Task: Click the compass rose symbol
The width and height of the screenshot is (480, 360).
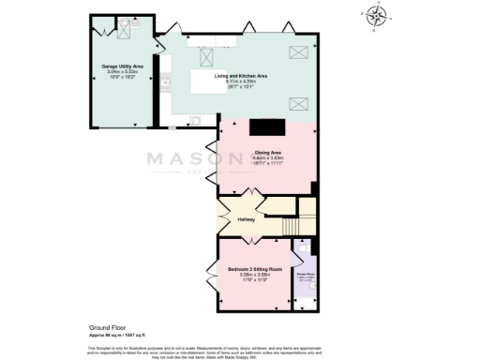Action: click(376, 15)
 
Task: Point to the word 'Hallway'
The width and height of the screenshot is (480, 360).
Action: click(246, 219)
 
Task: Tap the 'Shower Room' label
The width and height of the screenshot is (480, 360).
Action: click(307, 275)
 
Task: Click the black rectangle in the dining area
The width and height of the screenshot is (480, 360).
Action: click(267, 128)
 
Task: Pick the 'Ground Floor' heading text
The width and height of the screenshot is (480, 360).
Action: click(93, 327)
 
